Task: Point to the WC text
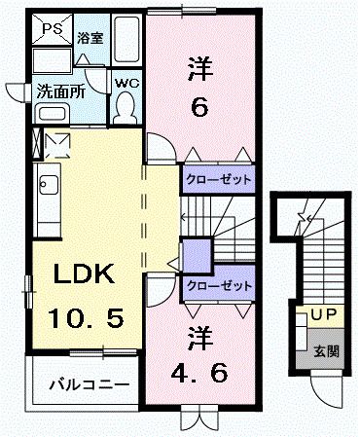point(125,84)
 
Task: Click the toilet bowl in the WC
point(125,110)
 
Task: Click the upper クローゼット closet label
point(217,180)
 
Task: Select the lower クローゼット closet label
point(217,286)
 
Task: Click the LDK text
point(83,275)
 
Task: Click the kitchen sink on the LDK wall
point(46,184)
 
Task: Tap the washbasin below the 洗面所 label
point(51,113)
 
